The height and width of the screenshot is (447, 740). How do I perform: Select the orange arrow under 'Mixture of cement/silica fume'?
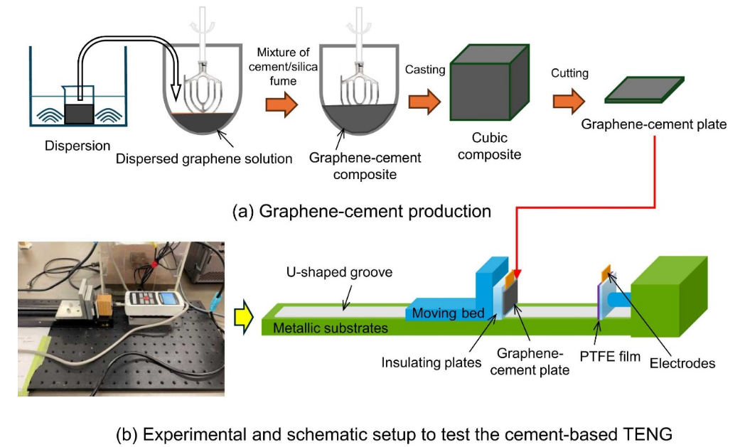pos(280,104)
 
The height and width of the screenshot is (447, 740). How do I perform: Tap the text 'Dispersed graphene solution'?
pos(204,158)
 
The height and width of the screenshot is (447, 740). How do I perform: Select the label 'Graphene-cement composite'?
pos(365,166)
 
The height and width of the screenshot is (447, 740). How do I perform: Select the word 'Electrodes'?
pos(682,363)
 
